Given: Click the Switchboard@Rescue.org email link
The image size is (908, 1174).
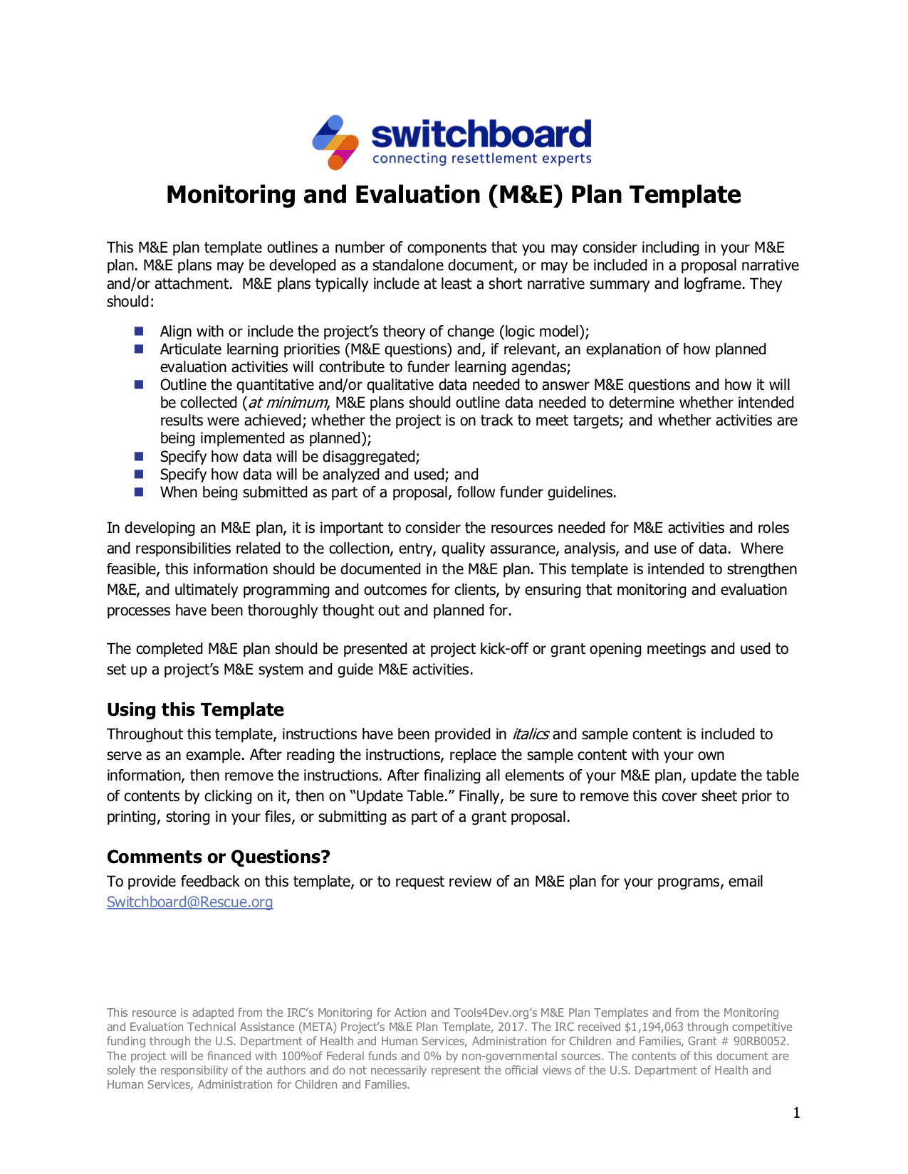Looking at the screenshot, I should [189, 902].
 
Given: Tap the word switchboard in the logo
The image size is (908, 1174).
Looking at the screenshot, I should [481, 134].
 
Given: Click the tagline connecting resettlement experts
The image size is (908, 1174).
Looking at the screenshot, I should [481, 159].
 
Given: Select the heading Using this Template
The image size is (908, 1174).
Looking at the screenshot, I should [195, 710].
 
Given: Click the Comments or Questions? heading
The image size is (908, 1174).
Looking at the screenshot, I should [218, 857].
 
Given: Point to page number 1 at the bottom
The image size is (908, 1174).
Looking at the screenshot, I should [796, 1113].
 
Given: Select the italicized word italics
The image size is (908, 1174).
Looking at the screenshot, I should [530, 734].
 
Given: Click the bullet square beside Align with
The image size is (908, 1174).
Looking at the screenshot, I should [139, 332].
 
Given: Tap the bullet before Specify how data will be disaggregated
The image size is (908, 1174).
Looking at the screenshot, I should [139, 457].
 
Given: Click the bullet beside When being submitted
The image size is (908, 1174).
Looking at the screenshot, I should [139, 492].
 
